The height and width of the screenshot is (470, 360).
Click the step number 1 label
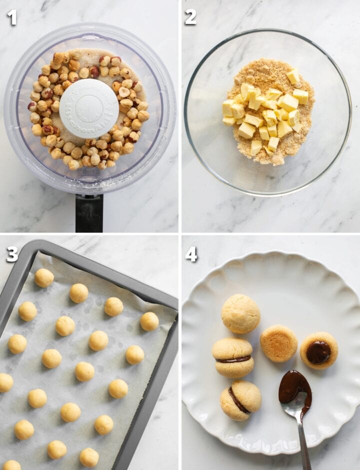tap(12, 17)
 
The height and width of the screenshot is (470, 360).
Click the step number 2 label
tap(190, 17)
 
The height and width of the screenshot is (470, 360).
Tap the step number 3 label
tap(12, 254)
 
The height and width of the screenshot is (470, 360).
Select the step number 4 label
tap(191, 254)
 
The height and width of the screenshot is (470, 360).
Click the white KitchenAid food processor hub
tap(89, 108)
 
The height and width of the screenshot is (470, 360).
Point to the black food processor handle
tap(89, 212)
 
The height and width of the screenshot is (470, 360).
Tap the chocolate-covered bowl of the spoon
tap(294, 386)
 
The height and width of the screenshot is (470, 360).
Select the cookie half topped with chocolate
tap(318, 350)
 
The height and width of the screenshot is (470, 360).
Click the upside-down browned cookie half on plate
tap(278, 343)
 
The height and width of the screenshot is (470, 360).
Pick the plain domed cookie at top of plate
tap(240, 313)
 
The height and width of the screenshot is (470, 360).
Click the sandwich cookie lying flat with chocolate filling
tap(233, 357)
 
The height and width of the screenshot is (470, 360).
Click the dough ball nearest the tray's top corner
tap(44, 277)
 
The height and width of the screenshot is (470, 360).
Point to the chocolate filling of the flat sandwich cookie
tap(233, 359)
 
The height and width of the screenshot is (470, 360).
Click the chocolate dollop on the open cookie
tap(318, 352)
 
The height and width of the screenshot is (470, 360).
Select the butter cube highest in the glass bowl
tap(293, 76)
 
